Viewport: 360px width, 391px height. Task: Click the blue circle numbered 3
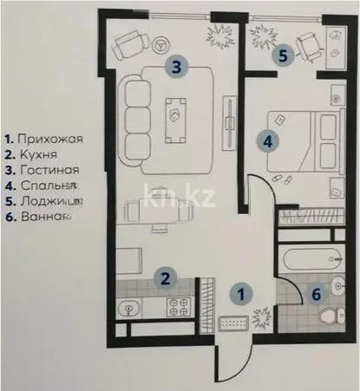(175, 66)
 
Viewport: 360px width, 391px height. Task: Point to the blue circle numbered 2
(162, 278)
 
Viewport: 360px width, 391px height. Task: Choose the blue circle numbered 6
(317, 293)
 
